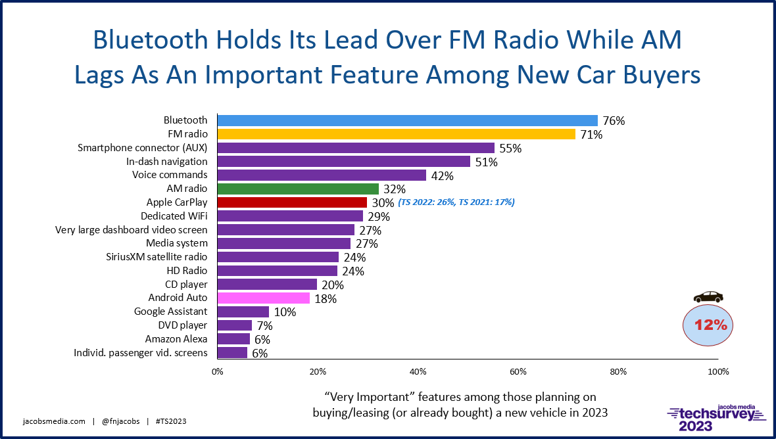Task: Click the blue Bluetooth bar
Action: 407,120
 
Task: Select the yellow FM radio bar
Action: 396,134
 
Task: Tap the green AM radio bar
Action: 298,189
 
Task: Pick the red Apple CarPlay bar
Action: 292,202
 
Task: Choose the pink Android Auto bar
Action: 263,298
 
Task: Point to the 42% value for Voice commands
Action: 441,175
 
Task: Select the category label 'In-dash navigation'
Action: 166,161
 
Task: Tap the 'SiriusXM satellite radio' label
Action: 157,256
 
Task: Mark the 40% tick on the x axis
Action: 418,371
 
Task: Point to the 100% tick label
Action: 717,371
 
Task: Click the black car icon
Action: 708,297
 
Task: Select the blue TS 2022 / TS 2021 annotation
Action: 456,202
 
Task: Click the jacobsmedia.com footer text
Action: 53,421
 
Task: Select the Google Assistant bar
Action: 243,312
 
